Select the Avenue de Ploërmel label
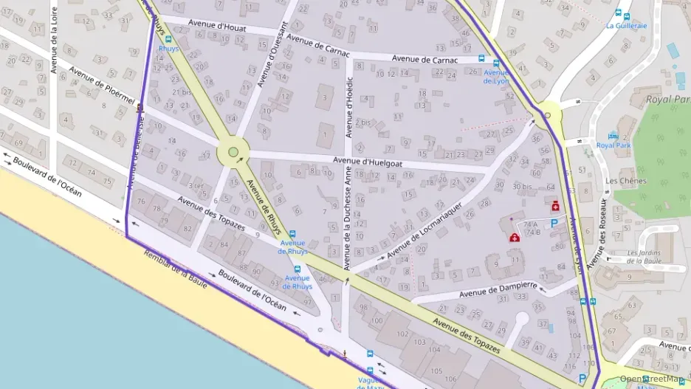pyautogui.click(x=102, y=89)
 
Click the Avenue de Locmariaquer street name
pyautogui.click(x=424, y=230)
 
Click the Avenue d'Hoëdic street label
pyautogui.click(x=349, y=106)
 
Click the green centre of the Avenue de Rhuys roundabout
pyautogui.click(x=233, y=152)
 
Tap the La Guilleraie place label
pyautogui.click(x=626, y=25)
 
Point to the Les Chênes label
pyautogui.click(x=625, y=181)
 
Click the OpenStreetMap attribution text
pyautogui.click(x=652, y=379)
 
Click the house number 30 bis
pyautogui.click(x=522, y=186)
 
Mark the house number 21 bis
pyautogui.click(x=182, y=92)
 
